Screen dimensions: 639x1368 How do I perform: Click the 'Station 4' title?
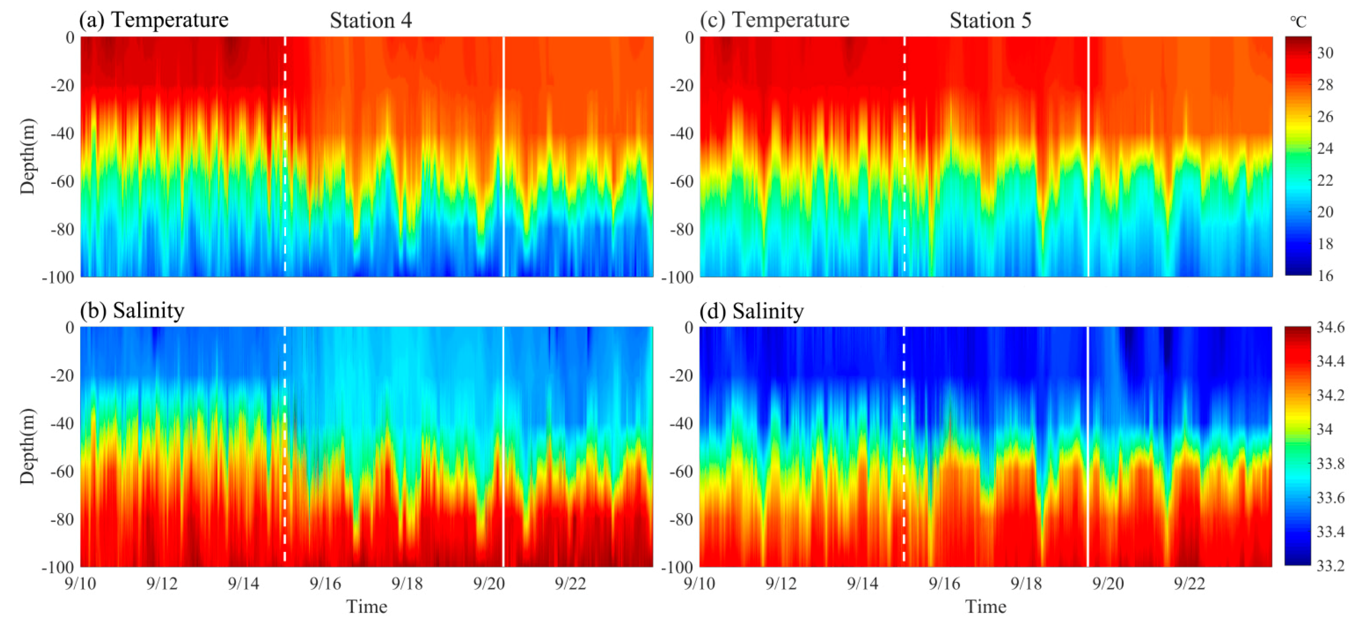point(371,21)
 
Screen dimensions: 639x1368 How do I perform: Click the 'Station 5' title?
point(990,21)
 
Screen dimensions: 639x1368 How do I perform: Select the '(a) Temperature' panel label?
point(154,20)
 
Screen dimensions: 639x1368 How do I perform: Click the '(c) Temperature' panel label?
point(774,20)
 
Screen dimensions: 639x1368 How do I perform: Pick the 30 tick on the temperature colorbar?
point(1326,53)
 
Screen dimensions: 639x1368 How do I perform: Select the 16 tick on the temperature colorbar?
point(1326,275)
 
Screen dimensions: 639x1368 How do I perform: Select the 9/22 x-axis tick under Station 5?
point(1190,584)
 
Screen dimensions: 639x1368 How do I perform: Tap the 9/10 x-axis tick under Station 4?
point(80,584)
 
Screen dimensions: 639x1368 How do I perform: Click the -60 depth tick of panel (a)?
point(63,181)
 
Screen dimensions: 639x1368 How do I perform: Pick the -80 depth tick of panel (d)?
point(681,519)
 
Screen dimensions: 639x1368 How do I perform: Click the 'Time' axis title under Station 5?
point(985,607)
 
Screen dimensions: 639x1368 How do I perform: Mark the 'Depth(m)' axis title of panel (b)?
point(28,446)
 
